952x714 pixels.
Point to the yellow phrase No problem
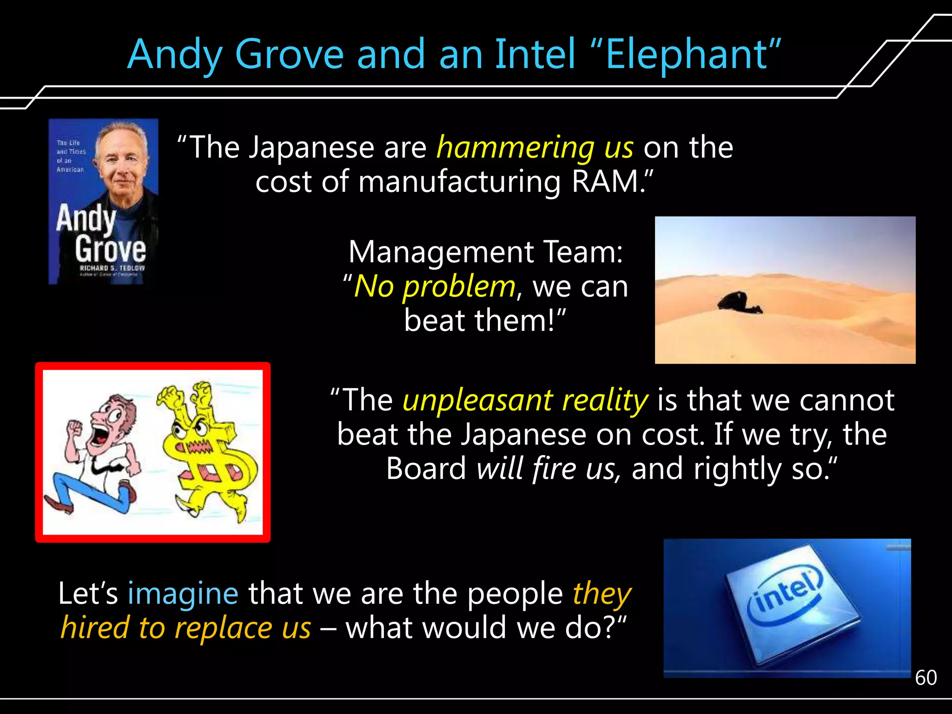pos(435,287)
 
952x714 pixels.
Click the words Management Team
pos(485,252)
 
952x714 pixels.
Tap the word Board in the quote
pos(426,469)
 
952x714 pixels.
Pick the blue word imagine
pos(183,594)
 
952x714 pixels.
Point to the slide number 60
pos(926,678)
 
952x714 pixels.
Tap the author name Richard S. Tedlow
pos(112,268)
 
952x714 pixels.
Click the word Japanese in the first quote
pos(311,148)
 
